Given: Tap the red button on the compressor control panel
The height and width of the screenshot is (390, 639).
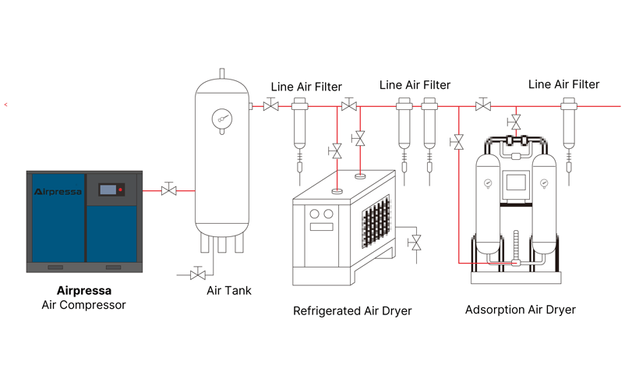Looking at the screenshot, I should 121,190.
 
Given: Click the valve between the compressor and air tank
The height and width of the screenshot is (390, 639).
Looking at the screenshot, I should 168,190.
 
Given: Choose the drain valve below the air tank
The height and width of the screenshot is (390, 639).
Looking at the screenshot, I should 198,274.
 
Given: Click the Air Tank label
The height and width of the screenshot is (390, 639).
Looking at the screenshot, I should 228,291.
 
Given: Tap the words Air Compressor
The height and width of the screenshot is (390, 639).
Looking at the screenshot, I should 83,305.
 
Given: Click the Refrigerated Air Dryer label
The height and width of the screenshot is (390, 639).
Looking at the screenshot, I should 352,311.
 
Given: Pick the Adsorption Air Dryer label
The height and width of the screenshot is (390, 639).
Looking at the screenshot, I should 520,310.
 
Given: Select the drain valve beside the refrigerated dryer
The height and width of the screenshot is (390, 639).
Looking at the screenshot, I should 415,241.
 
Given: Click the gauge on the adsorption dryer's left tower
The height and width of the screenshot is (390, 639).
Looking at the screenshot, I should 487,184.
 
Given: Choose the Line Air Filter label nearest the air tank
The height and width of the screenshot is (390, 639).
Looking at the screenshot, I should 306,87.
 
